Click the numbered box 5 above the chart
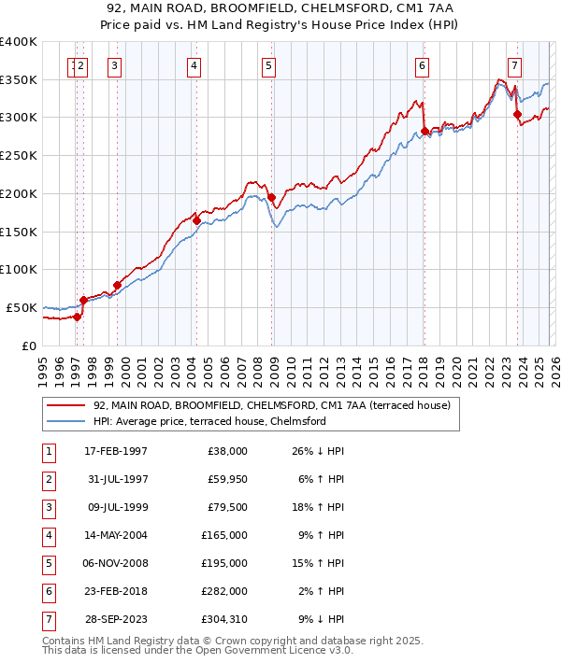[x=268, y=65]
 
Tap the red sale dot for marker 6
[x=424, y=131]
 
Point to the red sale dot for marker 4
[x=196, y=220]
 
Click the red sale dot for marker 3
[x=117, y=285]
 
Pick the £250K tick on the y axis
[x=19, y=156]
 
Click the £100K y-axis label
[x=19, y=269]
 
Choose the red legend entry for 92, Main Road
[x=271, y=405]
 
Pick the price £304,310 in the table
[x=223, y=618]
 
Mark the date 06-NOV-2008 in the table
[x=115, y=564]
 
